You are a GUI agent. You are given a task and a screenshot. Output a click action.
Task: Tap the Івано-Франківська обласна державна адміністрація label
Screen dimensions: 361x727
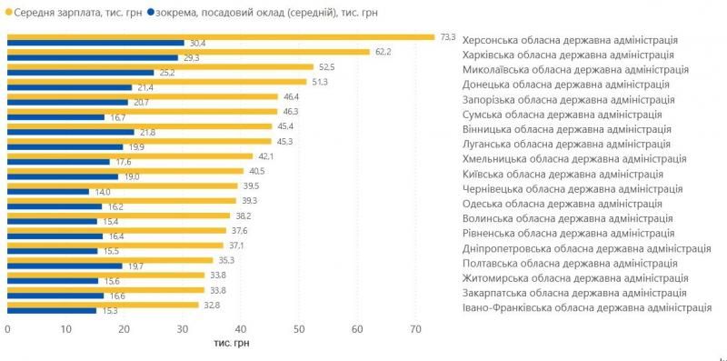point(587,307)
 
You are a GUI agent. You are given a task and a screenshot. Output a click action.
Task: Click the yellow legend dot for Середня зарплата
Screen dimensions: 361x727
point(7,14)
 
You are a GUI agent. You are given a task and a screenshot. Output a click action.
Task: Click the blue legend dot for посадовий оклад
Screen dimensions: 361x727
point(151,14)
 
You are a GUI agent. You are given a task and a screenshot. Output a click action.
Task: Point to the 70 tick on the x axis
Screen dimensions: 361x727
point(415,328)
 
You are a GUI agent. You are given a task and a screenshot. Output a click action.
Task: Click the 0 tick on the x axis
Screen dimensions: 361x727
point(7,328)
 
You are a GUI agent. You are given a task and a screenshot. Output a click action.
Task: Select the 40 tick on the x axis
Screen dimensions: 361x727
point(241,328)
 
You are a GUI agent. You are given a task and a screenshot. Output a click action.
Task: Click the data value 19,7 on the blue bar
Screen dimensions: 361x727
point(134,266)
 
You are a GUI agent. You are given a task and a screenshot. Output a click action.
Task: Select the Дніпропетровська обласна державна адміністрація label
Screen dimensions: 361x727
point(586,248)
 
